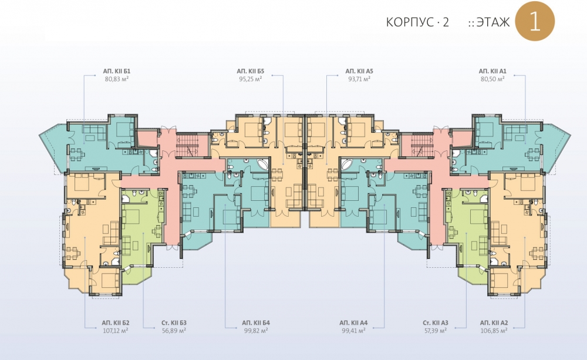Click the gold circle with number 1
point(535,21)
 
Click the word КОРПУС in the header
point(410,22)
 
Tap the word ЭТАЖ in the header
point(493,22)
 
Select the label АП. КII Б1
point(117,71)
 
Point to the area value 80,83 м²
point(117,79)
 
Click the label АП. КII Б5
point(251,71)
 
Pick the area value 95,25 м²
point(251,79)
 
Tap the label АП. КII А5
point(359,71)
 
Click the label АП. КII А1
point(492,71)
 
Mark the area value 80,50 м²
point(492,79)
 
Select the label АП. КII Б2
point(116,323)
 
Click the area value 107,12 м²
point(116,331)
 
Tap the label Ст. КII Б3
point(174,323)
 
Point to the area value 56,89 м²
point(174,331)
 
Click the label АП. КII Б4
point(256,323)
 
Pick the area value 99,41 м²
point(353,331)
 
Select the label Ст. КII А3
point(436,323)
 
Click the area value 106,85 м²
point(494,331)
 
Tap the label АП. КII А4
point(353,323)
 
